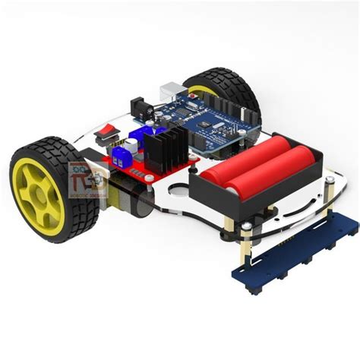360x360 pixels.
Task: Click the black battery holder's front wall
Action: click(228, 201)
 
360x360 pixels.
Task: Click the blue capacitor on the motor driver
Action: click(135, 141)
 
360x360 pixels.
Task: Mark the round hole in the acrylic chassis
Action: click(178, 190)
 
